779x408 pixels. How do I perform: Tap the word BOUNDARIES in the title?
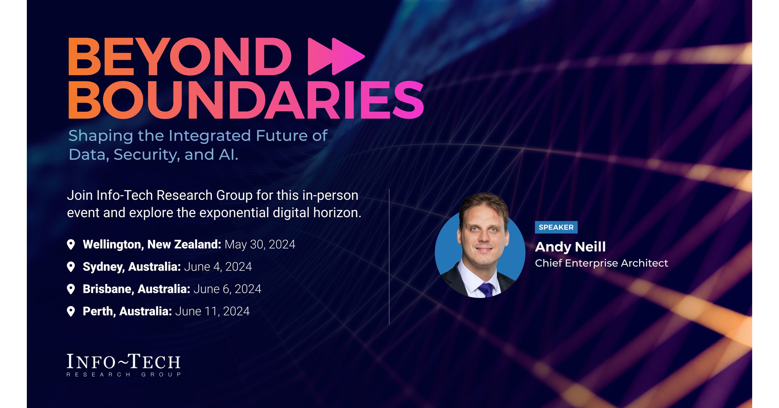[x=246, y=100]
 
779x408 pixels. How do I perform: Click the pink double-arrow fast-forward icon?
[x=336, y=57]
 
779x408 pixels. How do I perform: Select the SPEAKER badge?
[x=556, y=227]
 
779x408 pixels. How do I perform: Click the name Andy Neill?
[x=570, y=247]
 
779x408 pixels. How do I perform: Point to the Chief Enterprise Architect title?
[x=601, y=263]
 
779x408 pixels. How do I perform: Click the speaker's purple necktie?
[x=487, y=289]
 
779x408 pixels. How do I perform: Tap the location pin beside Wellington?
[x=71, y=244]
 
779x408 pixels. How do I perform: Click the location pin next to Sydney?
[x=71, y=267]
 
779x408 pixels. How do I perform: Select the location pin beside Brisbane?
[x=71, y=289]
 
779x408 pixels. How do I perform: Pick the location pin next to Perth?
[x=71, y=311]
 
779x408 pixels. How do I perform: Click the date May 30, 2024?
[x=260, y=244]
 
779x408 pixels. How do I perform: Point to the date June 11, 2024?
[x=212, y=311]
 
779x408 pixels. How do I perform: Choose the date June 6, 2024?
[x=227, y=289]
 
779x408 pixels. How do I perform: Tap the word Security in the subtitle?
[x=146, y=155]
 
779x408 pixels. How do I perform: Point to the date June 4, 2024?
[x=218, y=267]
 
